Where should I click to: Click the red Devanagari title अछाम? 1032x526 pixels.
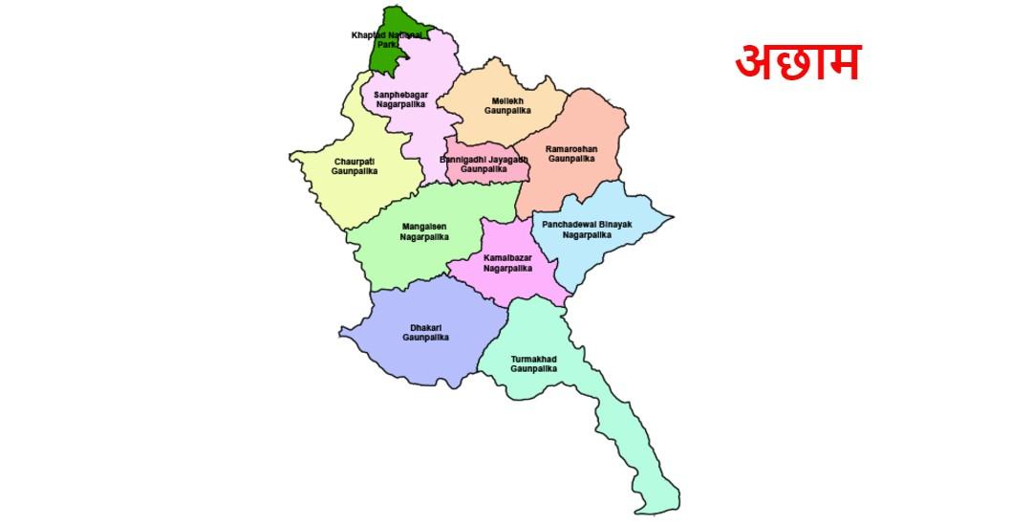point(797,62)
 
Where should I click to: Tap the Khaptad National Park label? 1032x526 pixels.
point(387,39)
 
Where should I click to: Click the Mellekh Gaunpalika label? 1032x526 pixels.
point(506,105)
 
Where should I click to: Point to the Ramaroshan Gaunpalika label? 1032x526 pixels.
point(571,154)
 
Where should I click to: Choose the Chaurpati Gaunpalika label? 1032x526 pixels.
point(355,166)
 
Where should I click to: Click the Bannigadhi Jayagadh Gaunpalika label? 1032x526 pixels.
point(483,164)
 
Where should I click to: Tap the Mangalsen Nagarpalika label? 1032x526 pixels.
point(423,231)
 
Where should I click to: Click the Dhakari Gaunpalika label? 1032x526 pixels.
point(425,333)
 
